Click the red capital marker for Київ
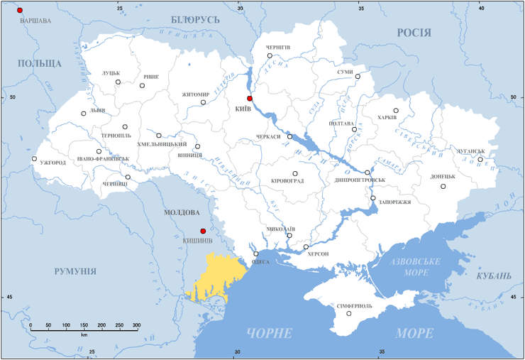coord(250,99)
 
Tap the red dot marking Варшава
coord(20,11)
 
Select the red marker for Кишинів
coord(203,231)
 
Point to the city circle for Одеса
coord(256,254)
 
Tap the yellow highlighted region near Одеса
coord(216,277)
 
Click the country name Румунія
coord(74,271)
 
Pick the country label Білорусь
coord(196,19)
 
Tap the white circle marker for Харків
coord(397,111)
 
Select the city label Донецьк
coord(442,177)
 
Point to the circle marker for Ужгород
coord(34,159)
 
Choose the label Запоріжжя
coord(396,202)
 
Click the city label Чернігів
coord(277,47)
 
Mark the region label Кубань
coord(493,276)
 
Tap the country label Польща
coord(40,64)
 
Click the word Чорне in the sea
coord(270,334)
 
